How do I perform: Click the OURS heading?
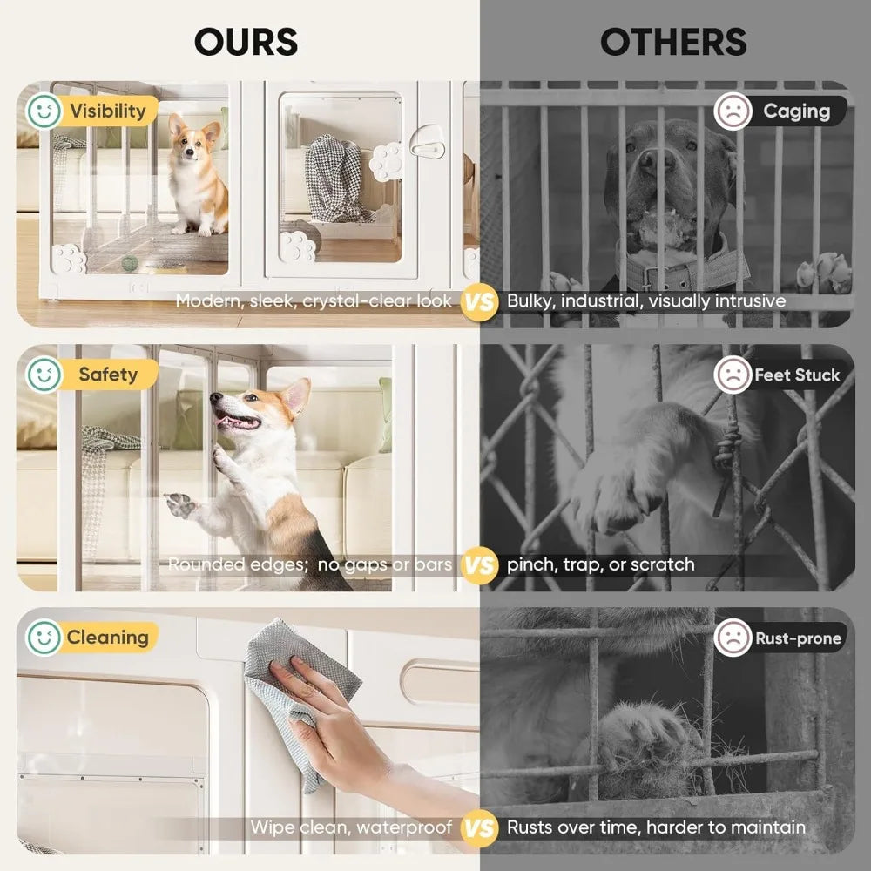coord(246,42)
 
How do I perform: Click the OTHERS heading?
coord(673,42)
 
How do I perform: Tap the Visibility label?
coord(108,111)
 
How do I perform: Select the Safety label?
coord(108,375)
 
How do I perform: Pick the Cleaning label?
coord(107,637)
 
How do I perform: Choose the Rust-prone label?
coord(798,638)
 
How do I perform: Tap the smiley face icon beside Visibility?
coord(43,111)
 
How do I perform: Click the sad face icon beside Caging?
coord(733,111)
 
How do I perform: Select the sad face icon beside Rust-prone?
coord(733,638)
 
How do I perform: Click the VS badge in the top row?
coord(478,301)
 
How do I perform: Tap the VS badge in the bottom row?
coord(478,827)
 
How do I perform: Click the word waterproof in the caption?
coord(407,827)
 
